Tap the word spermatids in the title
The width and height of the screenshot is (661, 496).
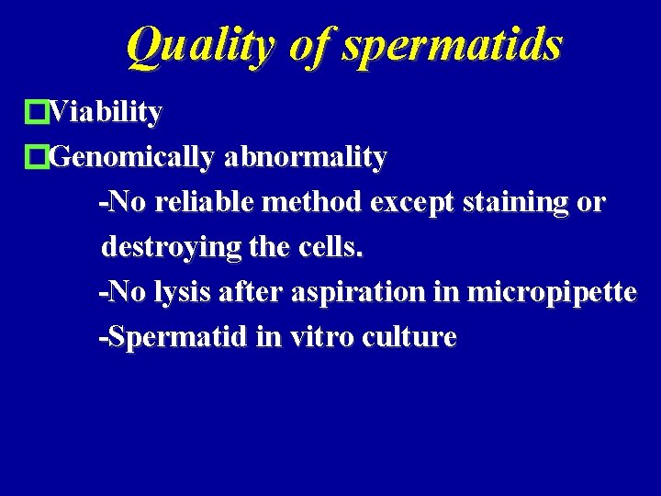click(x=450, y=45)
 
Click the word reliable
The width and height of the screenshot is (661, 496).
click(x=206, y=202)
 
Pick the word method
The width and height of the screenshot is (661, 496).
click(x=315, y=202)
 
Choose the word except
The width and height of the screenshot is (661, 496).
click(x=409, y=203)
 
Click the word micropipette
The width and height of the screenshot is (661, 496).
click(x=552, y=293)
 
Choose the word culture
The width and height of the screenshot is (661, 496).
click(x=409, y=337)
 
